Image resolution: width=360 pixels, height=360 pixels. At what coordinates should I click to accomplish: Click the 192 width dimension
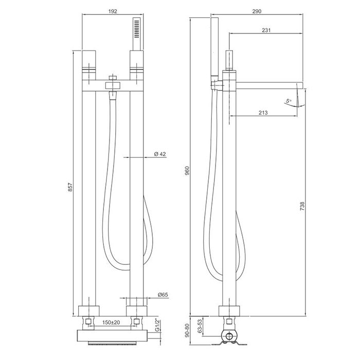[113, 11]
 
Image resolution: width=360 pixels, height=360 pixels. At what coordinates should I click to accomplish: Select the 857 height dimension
[70, 187]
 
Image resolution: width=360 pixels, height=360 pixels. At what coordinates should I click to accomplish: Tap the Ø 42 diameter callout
[160, 154]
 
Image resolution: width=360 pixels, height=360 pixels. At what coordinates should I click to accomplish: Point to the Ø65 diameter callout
[163, 295]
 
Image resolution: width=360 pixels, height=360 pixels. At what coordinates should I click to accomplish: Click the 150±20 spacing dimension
[111, 322]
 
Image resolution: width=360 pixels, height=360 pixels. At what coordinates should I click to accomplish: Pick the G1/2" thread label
[157, 325]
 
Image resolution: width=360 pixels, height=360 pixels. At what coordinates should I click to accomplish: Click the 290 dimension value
[257, 11]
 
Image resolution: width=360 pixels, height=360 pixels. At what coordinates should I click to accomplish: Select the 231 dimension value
[266, 30]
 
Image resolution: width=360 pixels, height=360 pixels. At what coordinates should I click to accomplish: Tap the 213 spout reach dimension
[263, 113]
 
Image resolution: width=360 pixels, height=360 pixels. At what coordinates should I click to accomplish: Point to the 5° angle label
[289, 101]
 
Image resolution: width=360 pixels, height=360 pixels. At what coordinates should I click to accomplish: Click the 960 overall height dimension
[187, 171]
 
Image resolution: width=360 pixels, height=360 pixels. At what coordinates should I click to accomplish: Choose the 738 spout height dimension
[302, 206]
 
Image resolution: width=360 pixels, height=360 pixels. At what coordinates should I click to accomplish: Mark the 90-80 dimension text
[187, 331]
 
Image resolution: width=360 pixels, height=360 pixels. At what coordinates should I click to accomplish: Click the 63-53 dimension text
[200, 326]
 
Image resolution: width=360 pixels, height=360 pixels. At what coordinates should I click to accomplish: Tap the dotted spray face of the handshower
[136, 29]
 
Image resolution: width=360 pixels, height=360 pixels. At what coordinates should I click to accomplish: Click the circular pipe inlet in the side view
[229, 336]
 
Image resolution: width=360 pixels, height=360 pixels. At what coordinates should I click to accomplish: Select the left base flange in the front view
[89, 311]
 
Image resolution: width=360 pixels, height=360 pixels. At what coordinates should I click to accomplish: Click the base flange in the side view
[229, 311]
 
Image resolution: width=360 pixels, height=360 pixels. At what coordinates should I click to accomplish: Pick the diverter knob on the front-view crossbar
[113, 85]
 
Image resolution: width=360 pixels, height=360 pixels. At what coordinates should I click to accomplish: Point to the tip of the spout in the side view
[303, 85]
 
